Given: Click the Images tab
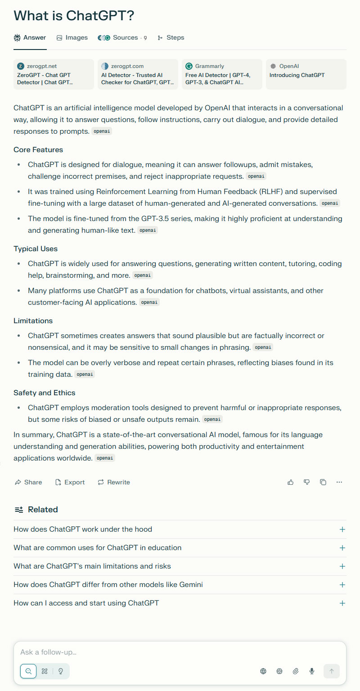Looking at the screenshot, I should click(x=72, y=38).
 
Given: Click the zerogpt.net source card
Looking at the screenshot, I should click(x=54, y=74).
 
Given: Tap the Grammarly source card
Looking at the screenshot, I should click(x=222, y=74).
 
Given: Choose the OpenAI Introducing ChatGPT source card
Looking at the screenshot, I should click(x=306, y=74).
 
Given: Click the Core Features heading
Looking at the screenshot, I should click(x=38, y=150).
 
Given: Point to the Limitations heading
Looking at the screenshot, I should click(x=33, y=321).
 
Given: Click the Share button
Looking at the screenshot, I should click(x=28, y=482).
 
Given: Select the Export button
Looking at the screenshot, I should click(x=70, y=482).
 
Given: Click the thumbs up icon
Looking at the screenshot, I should click(x=291, y=482).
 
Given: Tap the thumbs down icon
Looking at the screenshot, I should click(x=307, y=482).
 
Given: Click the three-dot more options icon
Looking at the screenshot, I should click(x=339, y=482).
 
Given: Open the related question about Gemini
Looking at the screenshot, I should click(x=108, y=585).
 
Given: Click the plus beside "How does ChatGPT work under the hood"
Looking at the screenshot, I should click(x=342, y=529).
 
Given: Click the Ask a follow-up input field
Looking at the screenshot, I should click(x=180, y=652).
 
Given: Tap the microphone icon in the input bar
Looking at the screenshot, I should click(x=312, y=671).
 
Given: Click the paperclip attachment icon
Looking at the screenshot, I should click(x=296, y=671).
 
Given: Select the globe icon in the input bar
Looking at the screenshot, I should click(x=263, y=671).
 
